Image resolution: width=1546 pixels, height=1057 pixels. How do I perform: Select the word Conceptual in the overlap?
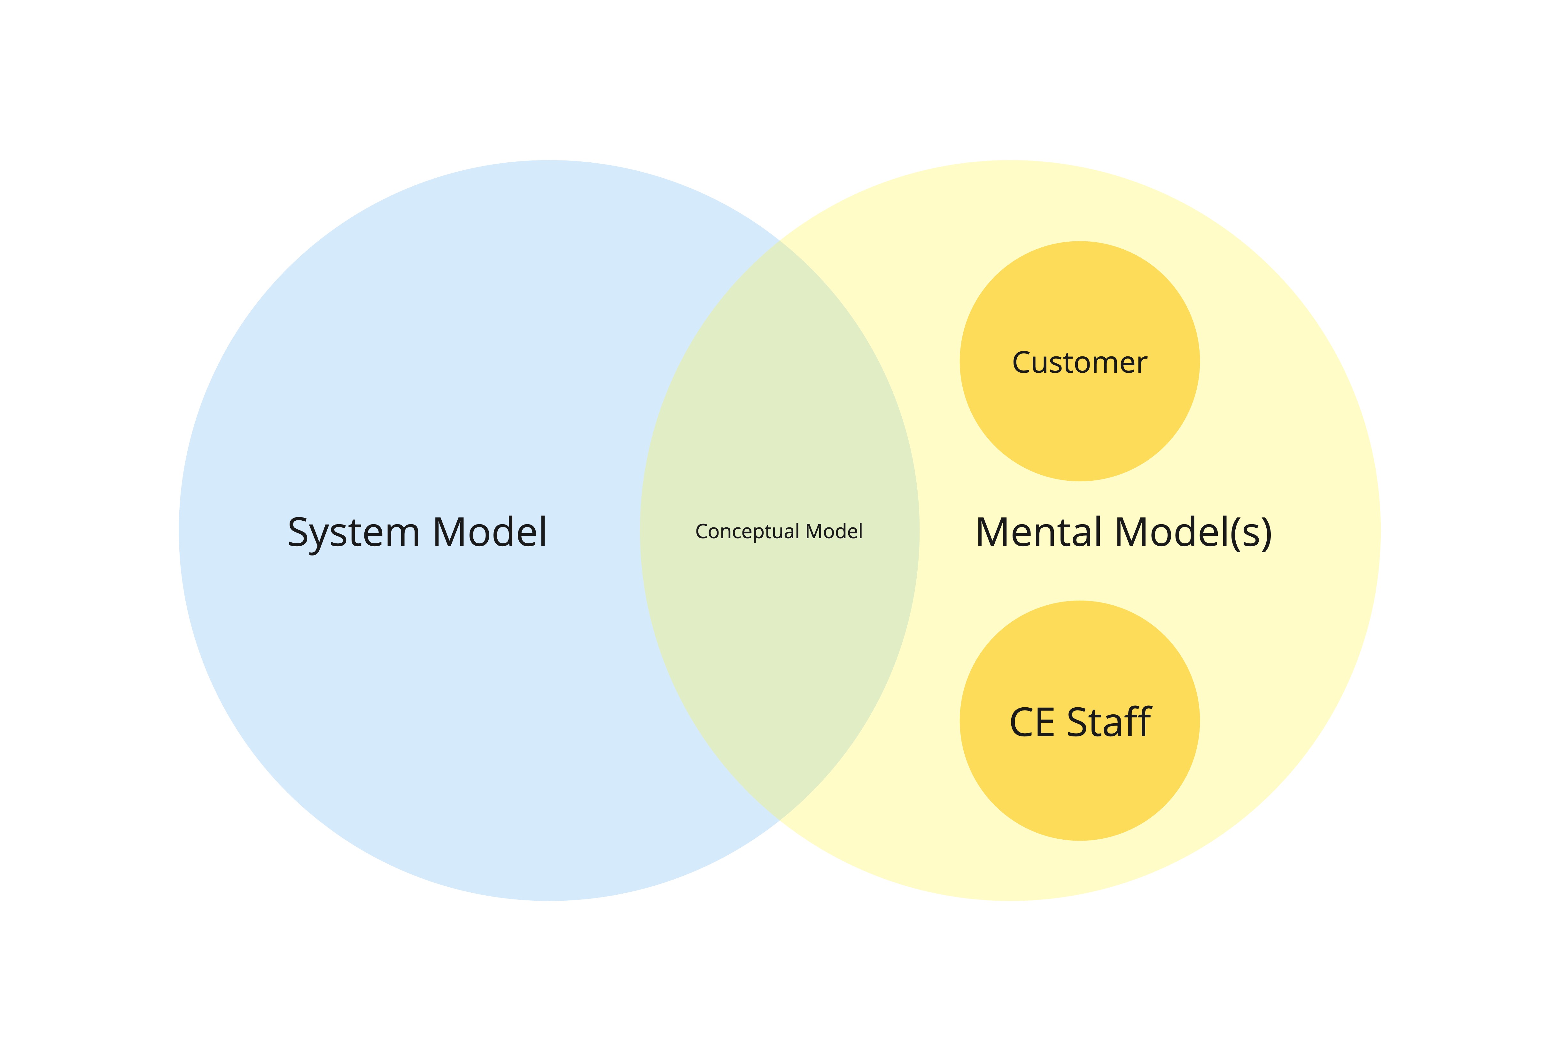[747, 532]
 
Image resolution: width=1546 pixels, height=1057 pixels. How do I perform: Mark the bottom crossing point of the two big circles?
[780, 820]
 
